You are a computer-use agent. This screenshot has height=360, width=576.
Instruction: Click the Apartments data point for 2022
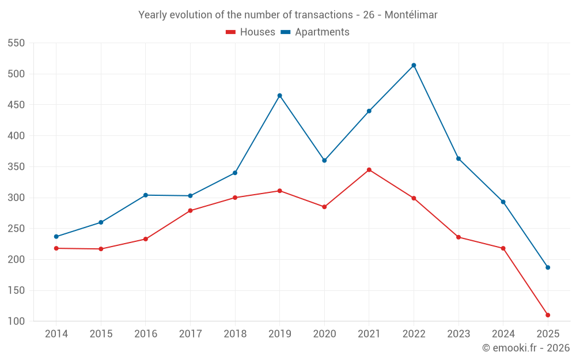click(414, 65)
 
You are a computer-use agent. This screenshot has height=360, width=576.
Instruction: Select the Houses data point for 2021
click(369, 170)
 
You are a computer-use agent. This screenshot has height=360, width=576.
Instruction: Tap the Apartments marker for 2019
click(280, 96)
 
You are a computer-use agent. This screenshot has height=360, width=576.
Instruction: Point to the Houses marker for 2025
click(548, 315)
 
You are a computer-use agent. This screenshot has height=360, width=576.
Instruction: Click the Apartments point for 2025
click(548, 267)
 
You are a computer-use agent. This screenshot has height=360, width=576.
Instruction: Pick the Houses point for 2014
click(56, 248)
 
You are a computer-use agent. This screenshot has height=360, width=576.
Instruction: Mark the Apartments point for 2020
click(324, 161)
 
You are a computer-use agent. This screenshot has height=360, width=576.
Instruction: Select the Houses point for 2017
click(190, 211)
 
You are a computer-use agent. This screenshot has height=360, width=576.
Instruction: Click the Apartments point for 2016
click(146, 195)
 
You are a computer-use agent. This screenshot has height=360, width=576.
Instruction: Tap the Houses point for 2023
click(458, 237)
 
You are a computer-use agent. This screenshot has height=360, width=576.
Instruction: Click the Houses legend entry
click(251, 32)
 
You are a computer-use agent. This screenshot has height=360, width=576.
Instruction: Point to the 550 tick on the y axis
click(17, 43)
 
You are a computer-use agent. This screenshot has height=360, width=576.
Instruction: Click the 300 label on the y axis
click(17, 198)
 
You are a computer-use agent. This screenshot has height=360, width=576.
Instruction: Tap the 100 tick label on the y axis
click(17, 321)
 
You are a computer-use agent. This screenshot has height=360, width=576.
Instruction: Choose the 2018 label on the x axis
click(235, 334)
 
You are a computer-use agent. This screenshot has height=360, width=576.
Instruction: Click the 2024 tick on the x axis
click(503, 334)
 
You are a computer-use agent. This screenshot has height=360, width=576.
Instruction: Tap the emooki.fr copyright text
click(526, 348)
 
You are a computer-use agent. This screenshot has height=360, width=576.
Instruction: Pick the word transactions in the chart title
click(321, 15)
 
